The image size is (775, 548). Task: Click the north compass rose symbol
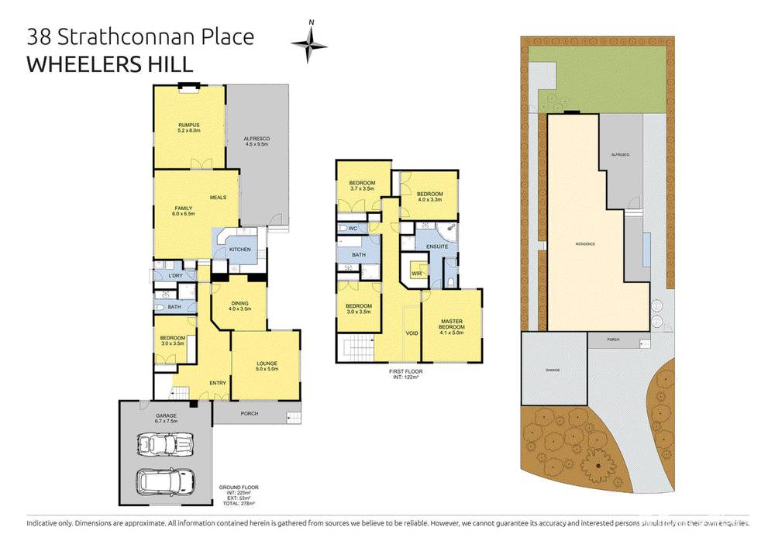click(x=309, y=44)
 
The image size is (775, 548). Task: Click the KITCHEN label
click(x=239, y=249)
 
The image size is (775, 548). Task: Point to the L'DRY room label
click(x=175, y=276)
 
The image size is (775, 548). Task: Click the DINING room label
click(x=239, y=305)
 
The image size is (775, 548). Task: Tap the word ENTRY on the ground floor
click(x=218, y=382)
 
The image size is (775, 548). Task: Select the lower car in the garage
click(x=164, y=481)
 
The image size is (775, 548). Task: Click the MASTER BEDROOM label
click(x=452, y=324)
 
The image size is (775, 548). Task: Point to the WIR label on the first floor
click(x=416, y=273)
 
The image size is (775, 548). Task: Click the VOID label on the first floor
click(x=412, y=333)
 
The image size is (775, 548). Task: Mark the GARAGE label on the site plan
click(x=552, y=371)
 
